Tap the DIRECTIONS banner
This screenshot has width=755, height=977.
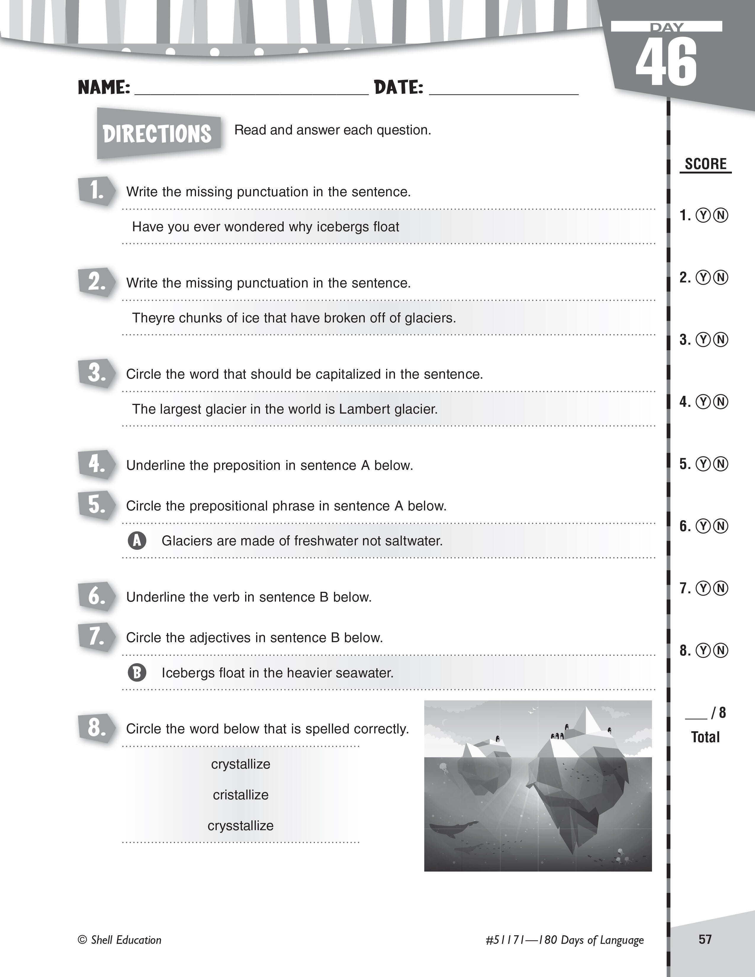coord(158,133)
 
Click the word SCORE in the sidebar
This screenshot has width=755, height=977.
coord(705,164)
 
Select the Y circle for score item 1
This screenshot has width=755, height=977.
coord(703,216)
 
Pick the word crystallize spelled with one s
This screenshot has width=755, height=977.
coord(241,764)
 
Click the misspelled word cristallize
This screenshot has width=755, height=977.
coord(241,795)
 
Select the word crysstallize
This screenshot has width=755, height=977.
coord(241,826)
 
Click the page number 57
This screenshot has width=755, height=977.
coord(705,939)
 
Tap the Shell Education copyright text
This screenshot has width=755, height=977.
coord(120,940)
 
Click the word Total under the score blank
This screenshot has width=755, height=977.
coord(705,737)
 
